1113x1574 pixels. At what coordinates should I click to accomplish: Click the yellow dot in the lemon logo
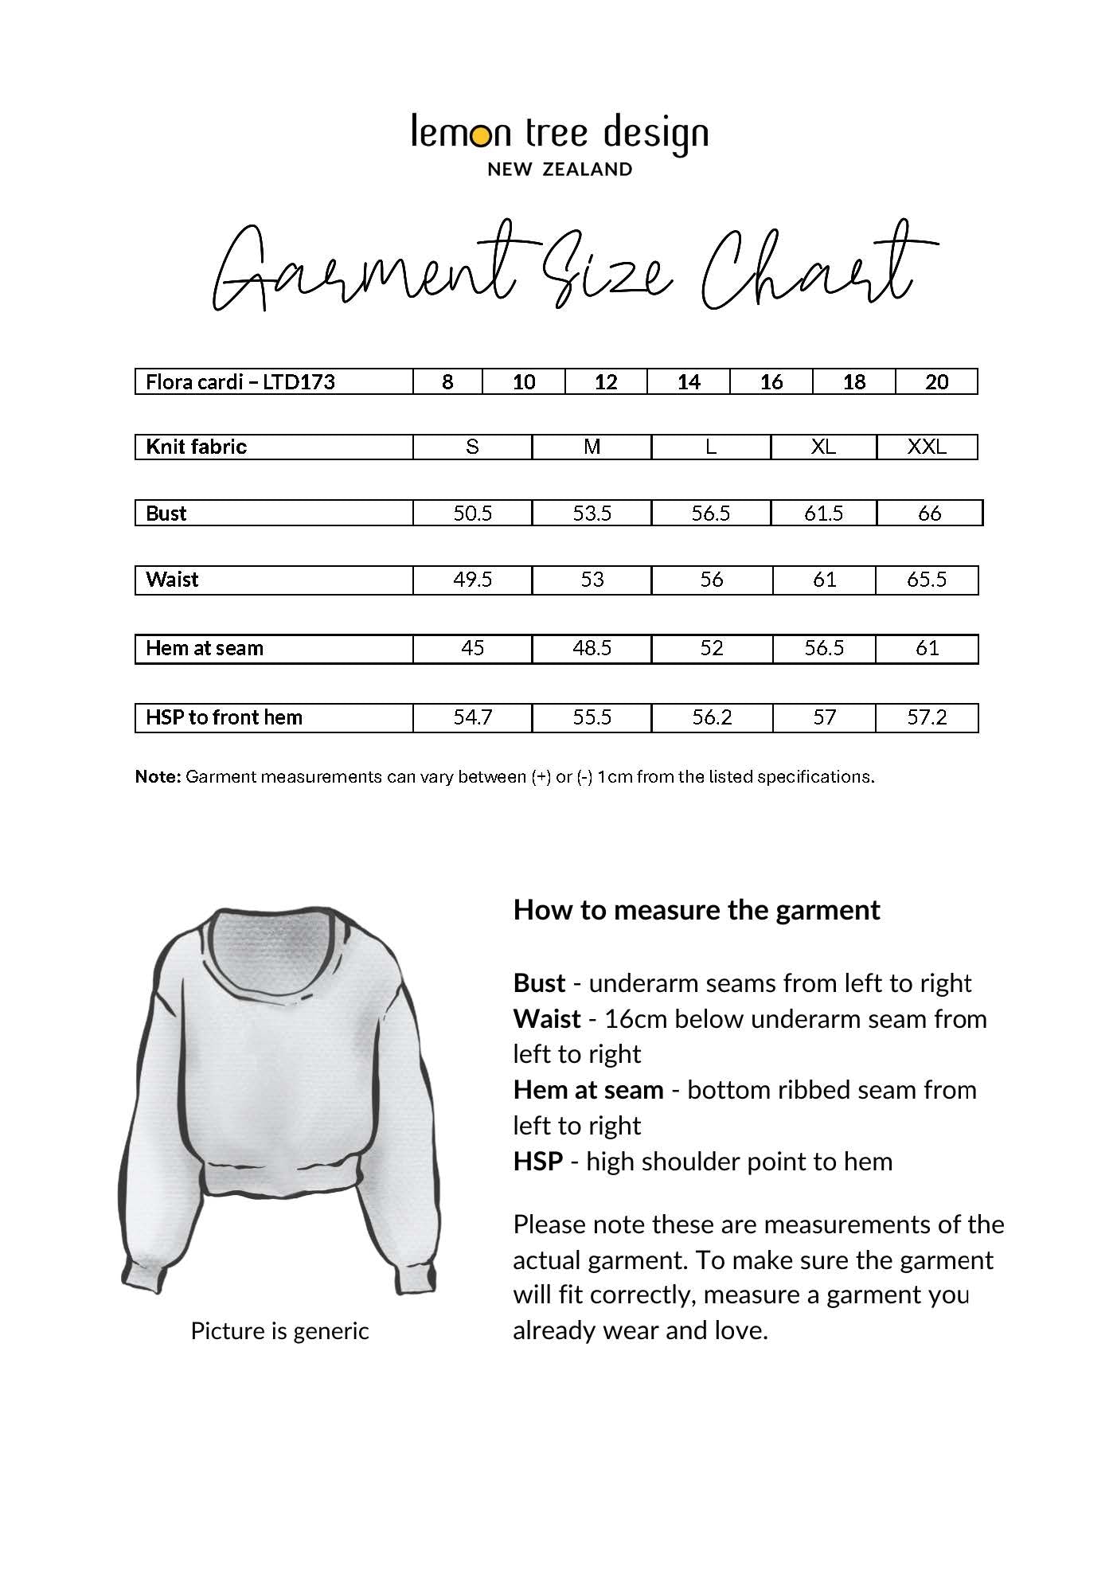point(480,137)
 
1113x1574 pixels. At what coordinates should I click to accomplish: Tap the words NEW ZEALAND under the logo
point(560,169)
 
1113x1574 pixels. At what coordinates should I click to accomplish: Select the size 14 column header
point(688,382)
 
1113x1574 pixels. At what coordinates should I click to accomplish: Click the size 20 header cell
point(936,382)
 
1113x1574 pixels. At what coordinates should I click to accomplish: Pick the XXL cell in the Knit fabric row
point(927,447)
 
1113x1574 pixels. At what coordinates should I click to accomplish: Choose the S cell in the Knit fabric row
point(472,447)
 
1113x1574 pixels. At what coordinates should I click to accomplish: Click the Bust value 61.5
point(823,513)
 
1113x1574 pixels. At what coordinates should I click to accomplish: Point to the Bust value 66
point(929,513)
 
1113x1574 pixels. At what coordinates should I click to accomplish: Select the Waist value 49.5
point(472,580)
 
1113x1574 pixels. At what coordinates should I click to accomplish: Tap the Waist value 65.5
point(927,580)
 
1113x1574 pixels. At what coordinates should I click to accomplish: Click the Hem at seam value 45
point(472,648)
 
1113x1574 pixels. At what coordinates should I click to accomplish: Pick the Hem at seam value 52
point(711,648)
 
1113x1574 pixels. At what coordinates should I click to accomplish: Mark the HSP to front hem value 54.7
point(472,717)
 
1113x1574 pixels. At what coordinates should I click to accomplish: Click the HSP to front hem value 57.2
point(927,717)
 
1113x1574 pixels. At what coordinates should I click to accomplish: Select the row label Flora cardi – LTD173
point(240,382)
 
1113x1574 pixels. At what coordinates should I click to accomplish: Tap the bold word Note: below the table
point(158,776)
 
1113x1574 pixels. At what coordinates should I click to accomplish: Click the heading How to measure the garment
point(697,909)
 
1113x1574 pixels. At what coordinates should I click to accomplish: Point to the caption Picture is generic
point(279,1330)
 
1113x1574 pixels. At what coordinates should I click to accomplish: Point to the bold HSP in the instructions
point(538,1161)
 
